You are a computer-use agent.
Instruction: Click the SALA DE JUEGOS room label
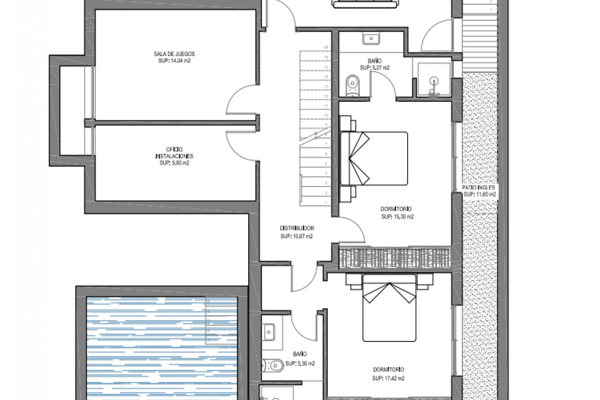tap(174, 54)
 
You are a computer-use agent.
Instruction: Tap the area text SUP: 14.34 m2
tap(174, 61)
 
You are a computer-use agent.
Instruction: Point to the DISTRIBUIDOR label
tap(297, 228)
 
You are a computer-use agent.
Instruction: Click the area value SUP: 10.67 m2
tap(297, 237)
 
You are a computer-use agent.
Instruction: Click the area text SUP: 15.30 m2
tap(397, 217)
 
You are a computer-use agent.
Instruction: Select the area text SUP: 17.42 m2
tap(388, 378)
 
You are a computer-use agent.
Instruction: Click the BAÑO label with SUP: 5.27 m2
tap(374, 61)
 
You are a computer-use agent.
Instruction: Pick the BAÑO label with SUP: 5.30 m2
tap(300, 354)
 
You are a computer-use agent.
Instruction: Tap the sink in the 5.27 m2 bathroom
tap(371, 39)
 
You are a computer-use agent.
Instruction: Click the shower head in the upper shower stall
tap(434, 81)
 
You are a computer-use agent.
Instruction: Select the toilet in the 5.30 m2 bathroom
tap(272, 365)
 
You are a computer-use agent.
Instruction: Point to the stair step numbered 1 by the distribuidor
tap(315, 202)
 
